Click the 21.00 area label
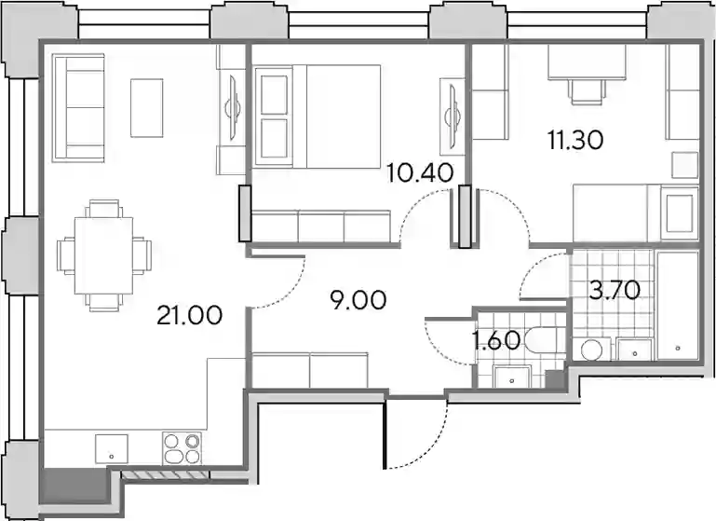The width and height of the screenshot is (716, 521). tap(190, 315)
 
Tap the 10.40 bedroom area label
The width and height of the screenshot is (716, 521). tap(420, 172)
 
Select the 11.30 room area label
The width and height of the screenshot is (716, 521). tap(575, 140)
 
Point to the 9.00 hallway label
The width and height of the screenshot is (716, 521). tap(358, 301)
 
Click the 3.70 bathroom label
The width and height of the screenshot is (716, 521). tap(615, 290)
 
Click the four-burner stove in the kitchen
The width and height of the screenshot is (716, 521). tap(182, 448)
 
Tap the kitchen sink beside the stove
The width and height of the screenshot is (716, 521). tap(112, 449)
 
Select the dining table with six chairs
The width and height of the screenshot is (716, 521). tap(104, 255)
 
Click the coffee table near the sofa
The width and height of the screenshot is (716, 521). tap(146, 108)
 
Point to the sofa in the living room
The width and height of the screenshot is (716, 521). tap(78, 108)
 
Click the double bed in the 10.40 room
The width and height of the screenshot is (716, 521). tap(318, 117)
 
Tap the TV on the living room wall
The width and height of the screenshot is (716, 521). tap(233, 109)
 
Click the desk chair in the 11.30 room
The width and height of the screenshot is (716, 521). tap(587, 91)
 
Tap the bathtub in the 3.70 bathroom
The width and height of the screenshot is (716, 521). tap(678, 305)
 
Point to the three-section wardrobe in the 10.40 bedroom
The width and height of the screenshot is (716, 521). tap(321, 226)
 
